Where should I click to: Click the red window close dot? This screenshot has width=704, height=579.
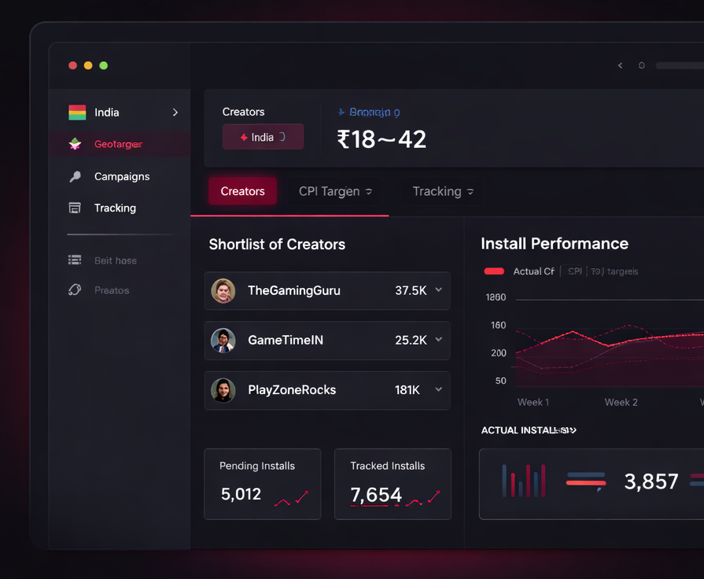click(x=72, y=65)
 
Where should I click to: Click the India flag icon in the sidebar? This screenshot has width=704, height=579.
click(x=77, y=112)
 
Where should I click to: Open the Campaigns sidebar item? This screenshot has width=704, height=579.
click(x=121, y=176)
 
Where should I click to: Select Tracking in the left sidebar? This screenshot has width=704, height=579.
click(x=115, y=208)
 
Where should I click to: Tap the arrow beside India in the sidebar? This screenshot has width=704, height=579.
click(x=175, y=112)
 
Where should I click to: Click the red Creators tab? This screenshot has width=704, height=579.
click(x=242, y=191)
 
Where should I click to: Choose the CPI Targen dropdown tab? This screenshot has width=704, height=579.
click(x=335, y=191)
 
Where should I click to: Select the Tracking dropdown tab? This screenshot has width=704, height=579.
click(x=443, y=191)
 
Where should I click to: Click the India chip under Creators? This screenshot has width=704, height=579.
click(x=263, y=137)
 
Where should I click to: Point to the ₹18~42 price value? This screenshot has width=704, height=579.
click(x=381, y=139)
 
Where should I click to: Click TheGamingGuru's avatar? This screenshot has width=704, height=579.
click(x=223, y=291)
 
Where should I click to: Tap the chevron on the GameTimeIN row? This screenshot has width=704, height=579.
click(x=439, y=340)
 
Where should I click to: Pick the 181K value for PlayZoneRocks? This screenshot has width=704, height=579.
click(x=407, y=390)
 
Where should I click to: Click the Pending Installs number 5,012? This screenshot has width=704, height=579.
click(x=241, y=494)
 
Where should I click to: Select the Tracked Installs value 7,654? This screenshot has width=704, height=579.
click(x=376, y=495)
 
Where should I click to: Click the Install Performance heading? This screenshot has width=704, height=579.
click(x=554, y=244)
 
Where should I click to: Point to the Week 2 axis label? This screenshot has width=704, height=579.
click(x=621, y=402)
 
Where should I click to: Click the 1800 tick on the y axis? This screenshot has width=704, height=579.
click(x=496, y=297)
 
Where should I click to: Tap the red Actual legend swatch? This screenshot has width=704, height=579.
click(x=494, y=271)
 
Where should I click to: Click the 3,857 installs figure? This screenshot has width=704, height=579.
click(x=651, y=481)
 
